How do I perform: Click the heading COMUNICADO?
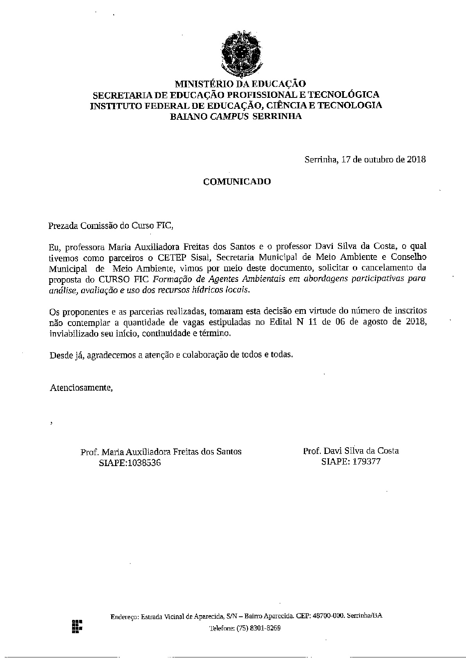click(x=237, y=182)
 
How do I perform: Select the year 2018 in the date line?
click(x=416, y=160)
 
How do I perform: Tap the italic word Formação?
click(x=167, y=279)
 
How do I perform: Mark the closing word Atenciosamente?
click(x=81, y=388)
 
